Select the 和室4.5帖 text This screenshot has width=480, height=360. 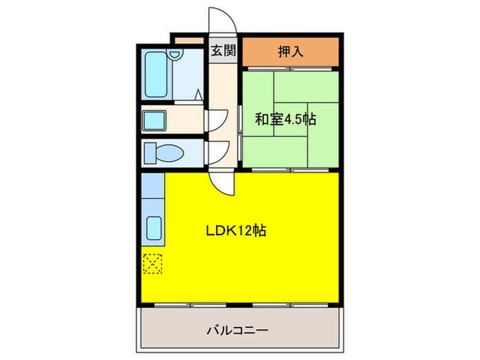click(286, 119)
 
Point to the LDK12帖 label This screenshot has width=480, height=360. click(236, 230)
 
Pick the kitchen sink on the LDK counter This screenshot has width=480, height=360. click(154, 226)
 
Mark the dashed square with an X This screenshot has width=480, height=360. click(153, 263)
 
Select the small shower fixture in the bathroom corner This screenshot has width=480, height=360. click(198, 95)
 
